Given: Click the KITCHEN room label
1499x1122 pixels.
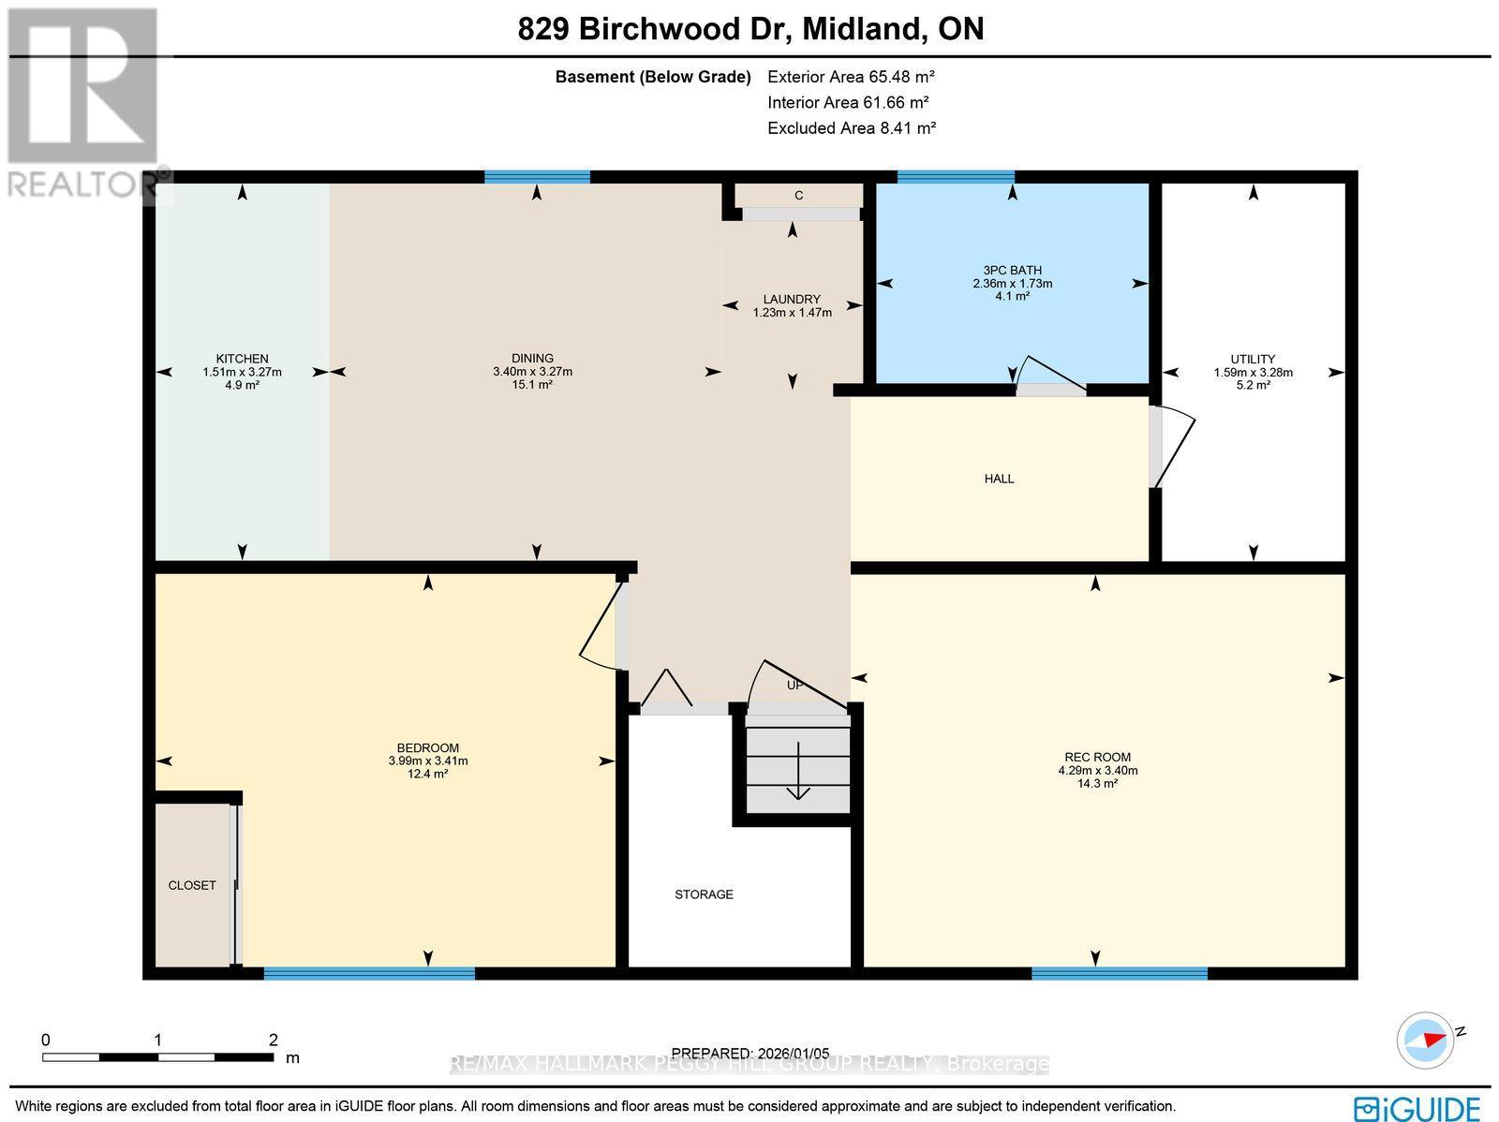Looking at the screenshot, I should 242,359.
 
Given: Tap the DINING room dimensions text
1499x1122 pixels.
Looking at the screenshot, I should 532,372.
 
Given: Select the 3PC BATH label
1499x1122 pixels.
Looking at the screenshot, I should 1012,271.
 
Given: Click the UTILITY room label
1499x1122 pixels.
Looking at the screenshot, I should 1253,359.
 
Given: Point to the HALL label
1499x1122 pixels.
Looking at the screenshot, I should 999,479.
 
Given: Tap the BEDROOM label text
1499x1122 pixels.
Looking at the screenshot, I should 428,747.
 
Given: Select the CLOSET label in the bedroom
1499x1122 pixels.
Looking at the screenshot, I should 192,885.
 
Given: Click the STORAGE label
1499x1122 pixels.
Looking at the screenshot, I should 704,894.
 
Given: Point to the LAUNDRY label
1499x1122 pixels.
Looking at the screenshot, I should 792,300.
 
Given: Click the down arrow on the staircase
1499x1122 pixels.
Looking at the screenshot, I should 797,773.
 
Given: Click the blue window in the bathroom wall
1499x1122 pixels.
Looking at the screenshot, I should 956,176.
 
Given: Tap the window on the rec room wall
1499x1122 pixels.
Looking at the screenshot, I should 1119,974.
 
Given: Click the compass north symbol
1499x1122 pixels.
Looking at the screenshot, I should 1428,1040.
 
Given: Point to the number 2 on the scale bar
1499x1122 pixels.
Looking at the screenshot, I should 273,1040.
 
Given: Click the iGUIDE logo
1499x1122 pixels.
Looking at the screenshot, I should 1417,1108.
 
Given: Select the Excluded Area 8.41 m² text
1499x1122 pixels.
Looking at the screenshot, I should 852,128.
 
